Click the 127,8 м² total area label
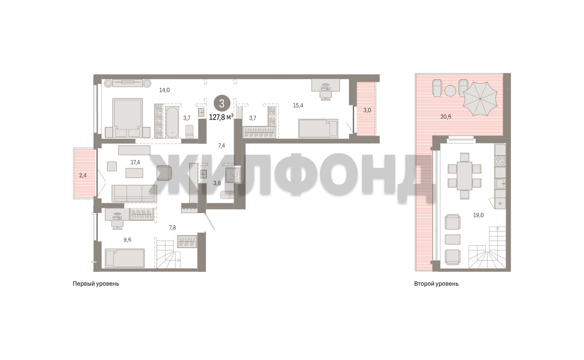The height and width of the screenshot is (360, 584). point(221,117)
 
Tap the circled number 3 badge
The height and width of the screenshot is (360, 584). point(222,104)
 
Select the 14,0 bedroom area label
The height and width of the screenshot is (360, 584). point(164,90)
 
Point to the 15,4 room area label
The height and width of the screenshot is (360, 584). point(298,106)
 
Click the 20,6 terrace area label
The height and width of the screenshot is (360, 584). point(446,117)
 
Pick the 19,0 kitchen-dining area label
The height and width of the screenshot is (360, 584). point(478,215)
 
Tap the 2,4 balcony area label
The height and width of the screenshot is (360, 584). point(83,176)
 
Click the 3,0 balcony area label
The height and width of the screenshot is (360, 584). point(367,110)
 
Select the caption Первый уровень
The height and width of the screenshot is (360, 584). point(96,284)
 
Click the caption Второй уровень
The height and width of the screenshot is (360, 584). point(436,284)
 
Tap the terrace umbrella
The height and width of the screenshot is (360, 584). point(480,99)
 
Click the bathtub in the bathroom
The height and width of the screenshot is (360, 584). point(172,122)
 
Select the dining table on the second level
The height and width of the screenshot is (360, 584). point(464,176)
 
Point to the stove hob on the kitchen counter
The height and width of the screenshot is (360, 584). point(500,161)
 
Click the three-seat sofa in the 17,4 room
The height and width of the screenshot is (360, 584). point(134,194)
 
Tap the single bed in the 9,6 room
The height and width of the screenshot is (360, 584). point(125,258)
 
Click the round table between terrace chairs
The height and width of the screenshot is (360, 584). point(450,91)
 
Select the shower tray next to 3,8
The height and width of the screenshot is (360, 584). point(233,175)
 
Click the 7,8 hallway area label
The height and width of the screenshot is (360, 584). point(172,228)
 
